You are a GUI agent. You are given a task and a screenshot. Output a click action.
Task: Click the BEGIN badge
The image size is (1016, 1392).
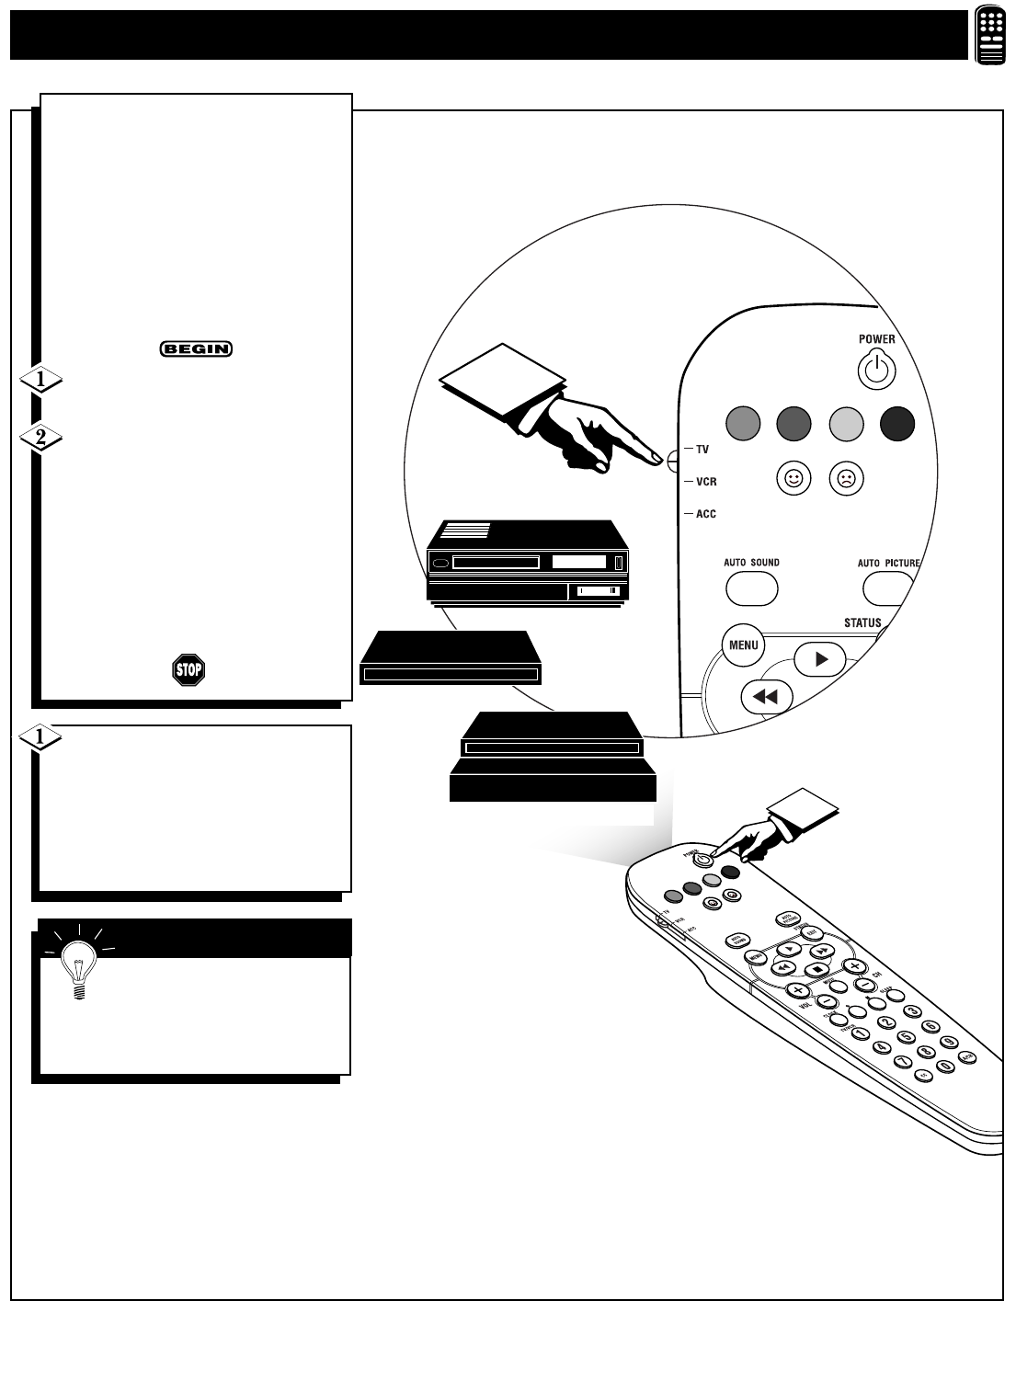pyautogui.click(x=196, y=349)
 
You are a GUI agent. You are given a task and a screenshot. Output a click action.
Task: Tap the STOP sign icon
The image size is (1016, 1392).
pyautogui.click(x=188, y=669)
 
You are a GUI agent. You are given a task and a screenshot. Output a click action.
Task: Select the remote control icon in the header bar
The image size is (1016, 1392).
pyautogui.click(x=989, y=36)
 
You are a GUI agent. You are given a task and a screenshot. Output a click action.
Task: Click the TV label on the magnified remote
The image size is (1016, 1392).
pyautogui.click(x=702, y=450)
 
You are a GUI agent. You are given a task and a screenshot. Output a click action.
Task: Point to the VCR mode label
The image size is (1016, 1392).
pyautogui.click(x=706, y=482)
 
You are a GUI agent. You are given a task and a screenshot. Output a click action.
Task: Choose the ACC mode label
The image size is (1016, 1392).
pyautogui.click(x=705, y=514)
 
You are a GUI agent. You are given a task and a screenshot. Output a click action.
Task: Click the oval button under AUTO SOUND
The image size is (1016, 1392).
pyautogui.click(x=752, y=588)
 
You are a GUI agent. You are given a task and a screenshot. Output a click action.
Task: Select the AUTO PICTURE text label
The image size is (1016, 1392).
pyautogui.click(x=888, y=563)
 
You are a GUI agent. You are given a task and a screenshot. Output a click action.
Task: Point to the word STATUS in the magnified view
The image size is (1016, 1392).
pyautogui.click(x=862, y=622)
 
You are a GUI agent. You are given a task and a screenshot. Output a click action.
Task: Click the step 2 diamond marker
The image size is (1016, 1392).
pyautogui.click(x=40, y=439)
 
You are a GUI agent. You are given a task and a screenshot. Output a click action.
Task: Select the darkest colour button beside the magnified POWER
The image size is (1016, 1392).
pyautogui.click(x=896, y=423)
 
